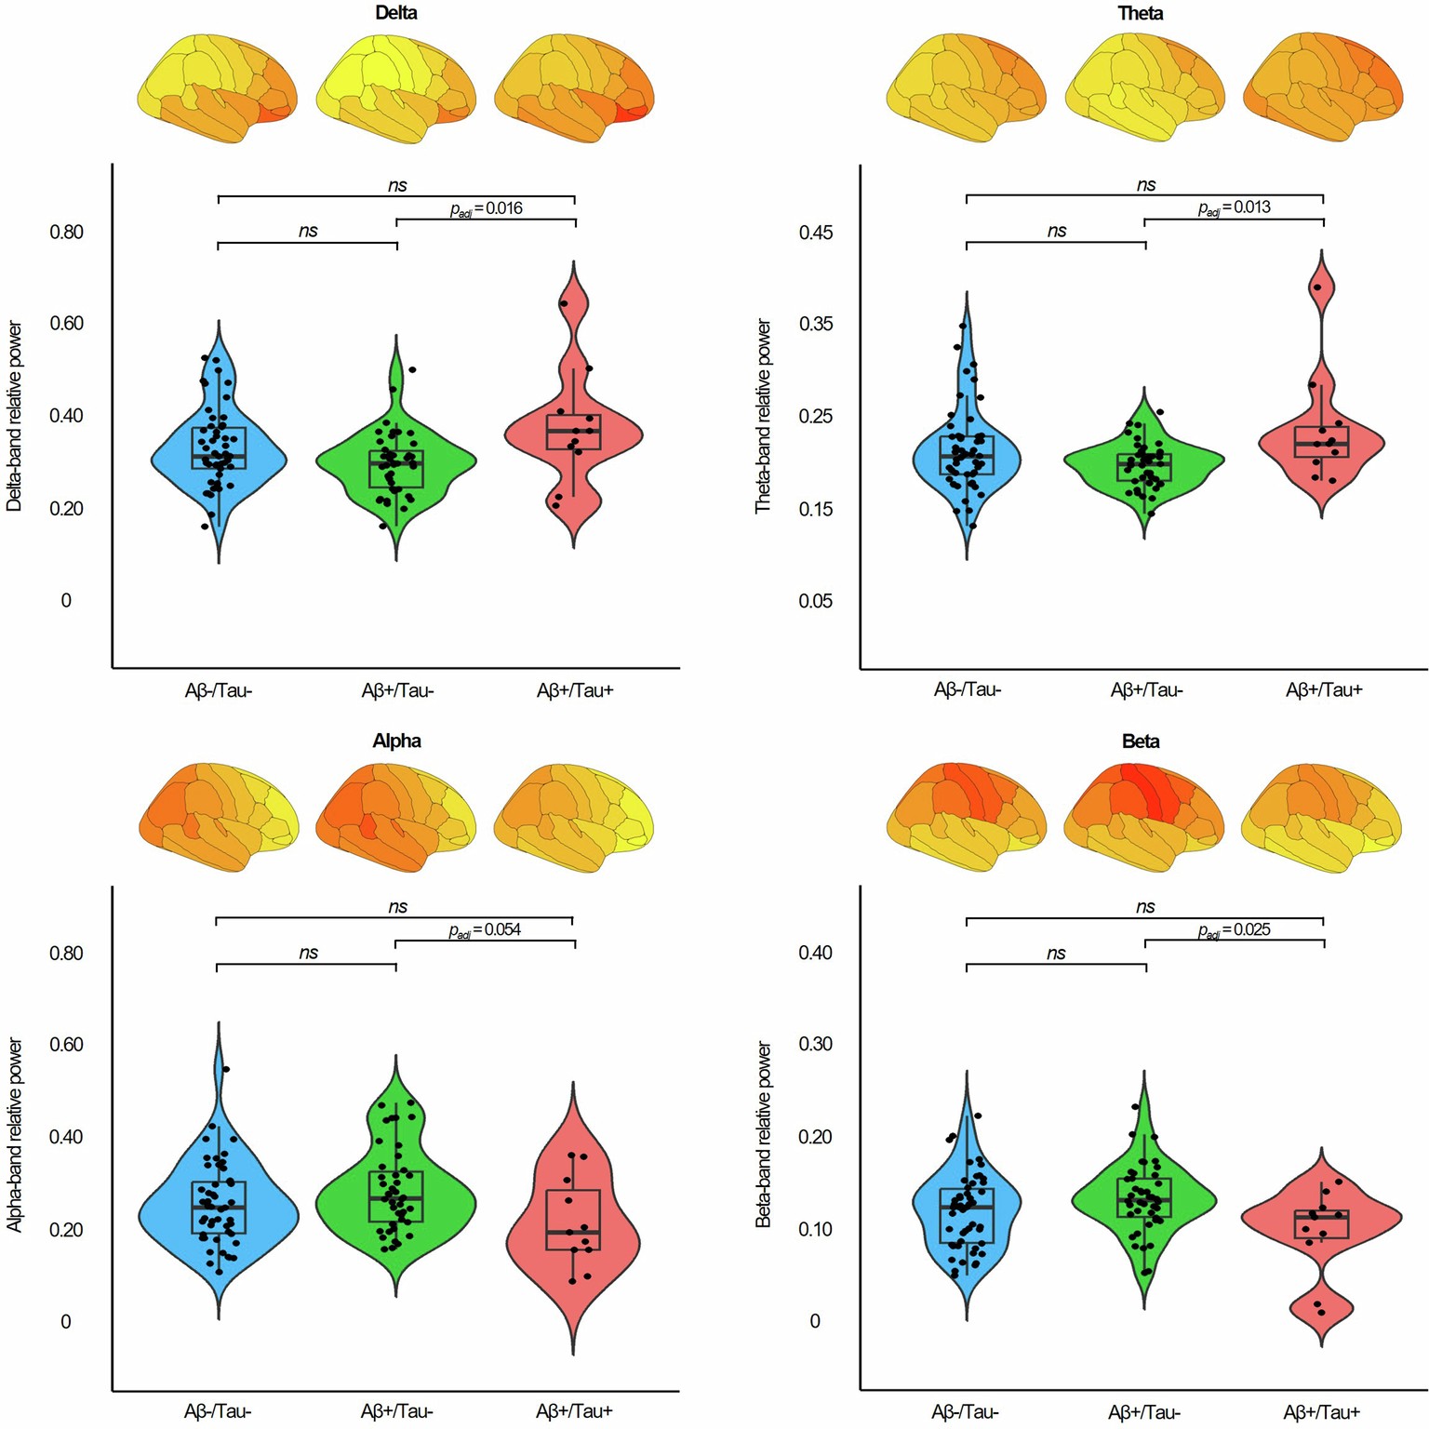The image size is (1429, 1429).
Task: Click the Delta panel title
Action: (x=396, y=13)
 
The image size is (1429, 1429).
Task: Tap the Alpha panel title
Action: (x=396, y=741)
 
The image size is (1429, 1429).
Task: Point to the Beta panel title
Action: (x=1141, y=741)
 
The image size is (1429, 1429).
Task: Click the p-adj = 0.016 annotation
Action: (x=487, y=208)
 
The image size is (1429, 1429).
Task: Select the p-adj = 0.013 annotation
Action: (x=1234, y=207)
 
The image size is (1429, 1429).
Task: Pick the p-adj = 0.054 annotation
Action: (x=485, y=929)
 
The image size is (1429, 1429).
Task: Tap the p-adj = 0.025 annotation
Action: (x=1234, y=929)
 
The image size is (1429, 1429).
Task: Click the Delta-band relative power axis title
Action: (x=14, y=416)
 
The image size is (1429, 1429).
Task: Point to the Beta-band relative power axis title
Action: (x=764, y=1135)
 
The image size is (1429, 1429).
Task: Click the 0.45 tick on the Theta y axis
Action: (x=815, y=233)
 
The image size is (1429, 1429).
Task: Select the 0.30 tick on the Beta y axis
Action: (x=815, y=1044)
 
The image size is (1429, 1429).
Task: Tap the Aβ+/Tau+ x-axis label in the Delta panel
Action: (x=575, y=690)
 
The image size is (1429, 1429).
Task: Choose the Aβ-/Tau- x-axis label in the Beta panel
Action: (x=965, y=1411)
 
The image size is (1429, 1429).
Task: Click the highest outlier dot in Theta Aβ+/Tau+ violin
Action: (x=1317, y=287)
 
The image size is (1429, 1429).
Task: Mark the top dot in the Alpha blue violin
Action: (x=226, y=1070)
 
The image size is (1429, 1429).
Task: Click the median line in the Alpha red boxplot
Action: (x=574, y=1232)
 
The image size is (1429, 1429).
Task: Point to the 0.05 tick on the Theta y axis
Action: (x=815, y=601)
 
